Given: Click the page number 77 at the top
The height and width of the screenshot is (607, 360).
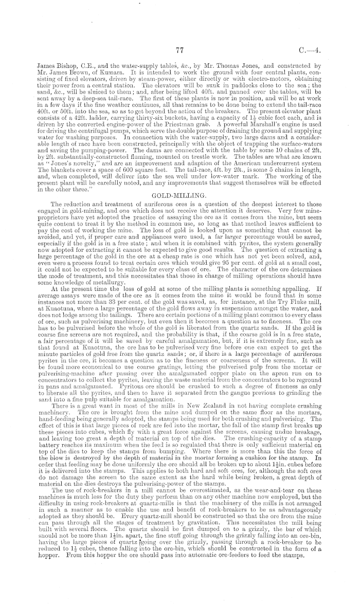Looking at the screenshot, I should pyautogui.click(x=179, y=50).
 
